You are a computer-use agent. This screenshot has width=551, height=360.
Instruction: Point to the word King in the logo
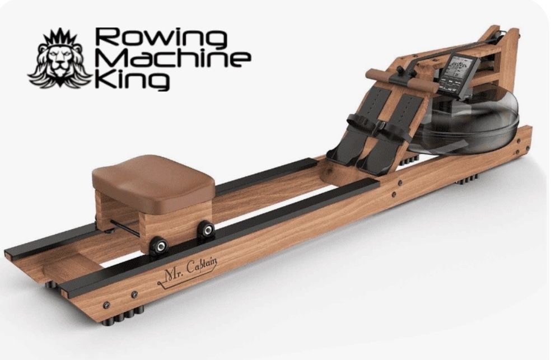[132, 80]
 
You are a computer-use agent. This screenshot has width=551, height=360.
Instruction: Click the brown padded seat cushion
[153, 176]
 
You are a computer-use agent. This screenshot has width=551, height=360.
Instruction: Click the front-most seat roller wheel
[158, 245]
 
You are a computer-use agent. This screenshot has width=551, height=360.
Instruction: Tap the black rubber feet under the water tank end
[468, 180]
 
